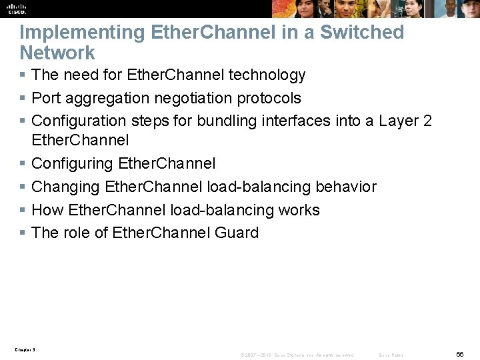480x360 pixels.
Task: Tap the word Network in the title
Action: [57, 53]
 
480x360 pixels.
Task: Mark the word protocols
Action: [271, 98]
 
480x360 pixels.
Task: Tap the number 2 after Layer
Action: [427, 121]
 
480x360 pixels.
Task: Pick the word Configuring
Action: [72, 163]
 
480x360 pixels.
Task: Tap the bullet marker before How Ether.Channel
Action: [23, 210]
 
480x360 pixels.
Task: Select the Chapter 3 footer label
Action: [24, 349]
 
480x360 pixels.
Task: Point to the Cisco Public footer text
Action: [391, 355]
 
